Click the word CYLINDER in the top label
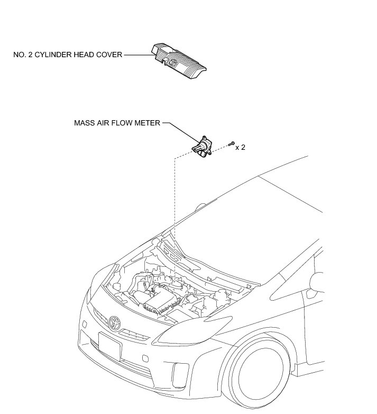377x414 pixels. (56, 54)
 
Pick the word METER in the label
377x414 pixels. (148, 123)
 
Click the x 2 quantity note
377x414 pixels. (240, 147)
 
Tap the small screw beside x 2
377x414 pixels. (232, 143)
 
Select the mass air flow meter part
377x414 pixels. (203, 146)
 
